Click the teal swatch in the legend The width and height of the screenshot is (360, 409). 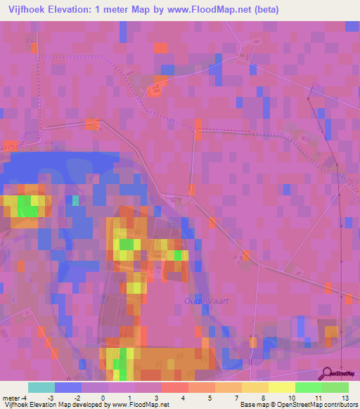tap(41, 387)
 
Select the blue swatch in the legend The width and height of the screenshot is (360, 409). tap(68, 387)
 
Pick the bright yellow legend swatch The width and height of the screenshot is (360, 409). tap(282, 387)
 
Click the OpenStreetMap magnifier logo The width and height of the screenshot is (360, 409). tap(329, 373)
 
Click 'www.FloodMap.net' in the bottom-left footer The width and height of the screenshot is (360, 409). tap(140, 405)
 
